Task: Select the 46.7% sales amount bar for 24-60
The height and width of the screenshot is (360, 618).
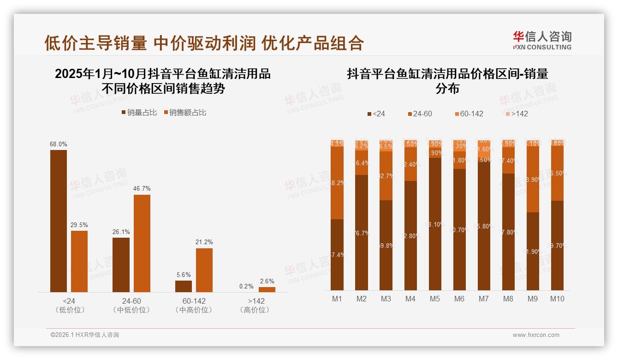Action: (x=142, y=243)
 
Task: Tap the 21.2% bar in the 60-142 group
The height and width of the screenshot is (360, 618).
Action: (x=204, y=270)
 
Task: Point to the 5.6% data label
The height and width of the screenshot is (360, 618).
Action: (x=183, y=275)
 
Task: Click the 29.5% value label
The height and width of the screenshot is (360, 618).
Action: (x=79, y=225)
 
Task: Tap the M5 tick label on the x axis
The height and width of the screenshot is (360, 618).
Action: (x=435, y=299)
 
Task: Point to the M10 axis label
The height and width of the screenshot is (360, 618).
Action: (x=557, y=299)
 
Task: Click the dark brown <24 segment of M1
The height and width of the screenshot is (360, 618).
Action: (x=337, y=254)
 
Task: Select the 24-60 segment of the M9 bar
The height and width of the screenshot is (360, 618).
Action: (x=533, y=180)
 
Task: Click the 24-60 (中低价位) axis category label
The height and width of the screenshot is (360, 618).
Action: (x=131, y=306)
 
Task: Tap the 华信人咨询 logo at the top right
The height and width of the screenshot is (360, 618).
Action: (x=542, y=41)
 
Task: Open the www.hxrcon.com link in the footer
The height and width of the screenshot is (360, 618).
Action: (x=536, y=335)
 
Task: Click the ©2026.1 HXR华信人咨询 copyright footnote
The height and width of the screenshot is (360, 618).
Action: (x=85, y=335)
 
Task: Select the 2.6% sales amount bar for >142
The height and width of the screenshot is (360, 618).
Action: (x=267, y=289)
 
